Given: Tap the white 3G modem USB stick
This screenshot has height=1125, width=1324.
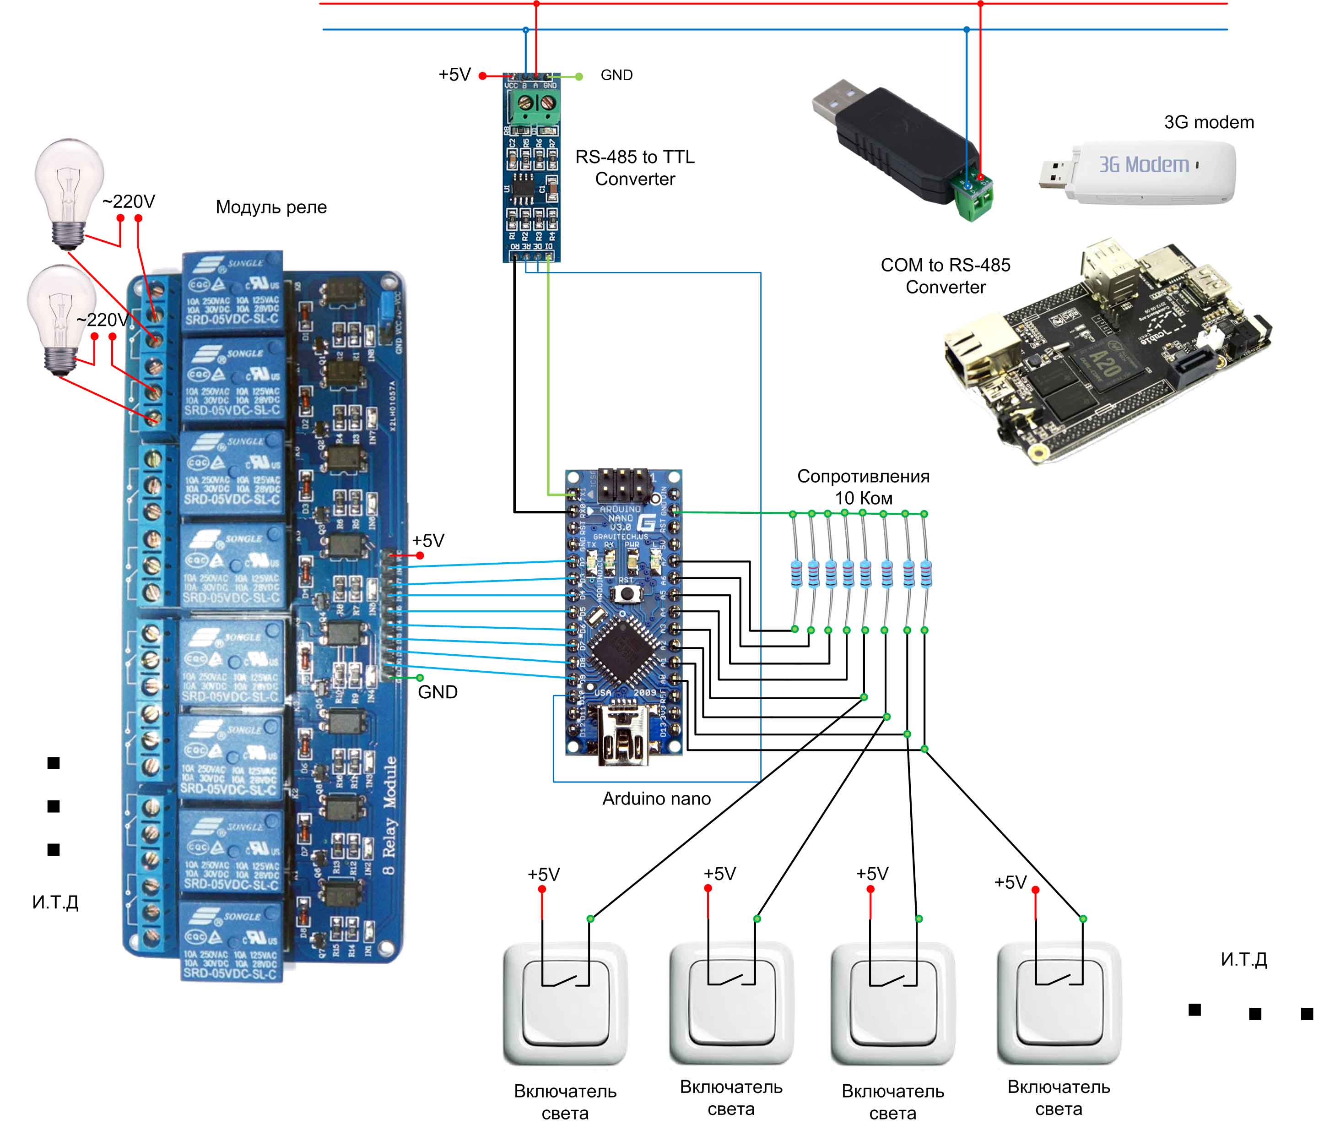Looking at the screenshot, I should pos(1141,172).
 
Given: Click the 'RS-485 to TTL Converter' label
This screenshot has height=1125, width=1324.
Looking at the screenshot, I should pos(634,168).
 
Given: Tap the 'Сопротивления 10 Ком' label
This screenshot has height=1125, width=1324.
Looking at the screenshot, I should pos(863,487).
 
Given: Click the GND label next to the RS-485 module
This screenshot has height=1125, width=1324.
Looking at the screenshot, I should pos(616,75).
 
